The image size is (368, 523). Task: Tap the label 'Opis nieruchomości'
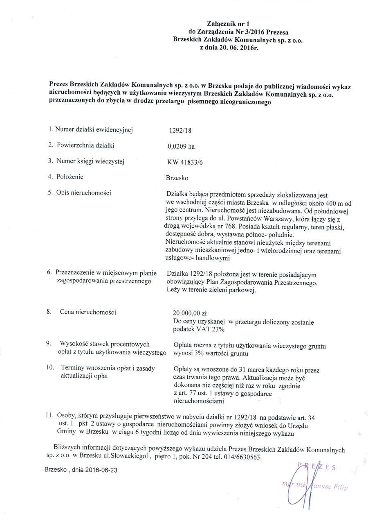pyautogui.click(x=84, y=192)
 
